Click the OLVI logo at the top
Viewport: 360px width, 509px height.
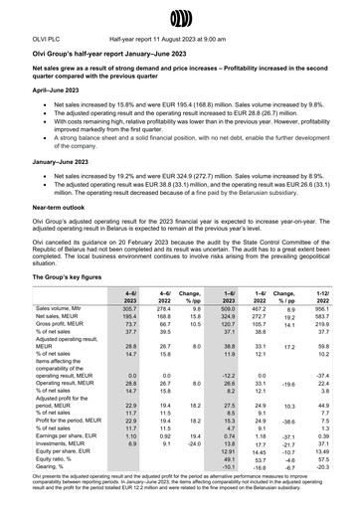pyautogui.click(x=180, y=17)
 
